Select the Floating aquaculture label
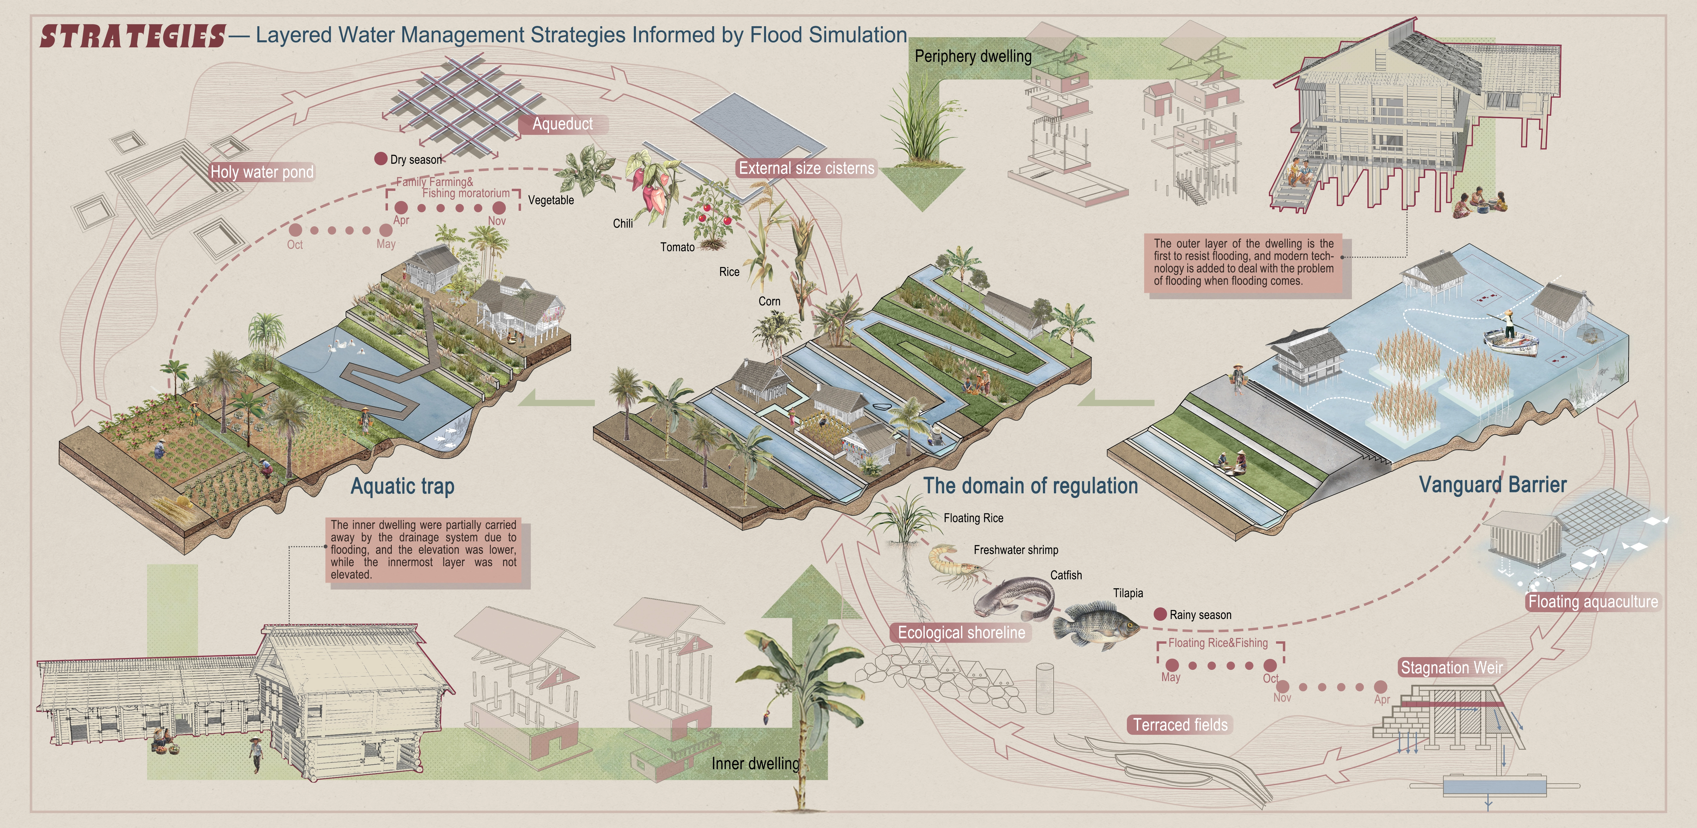(x=1592, y=601)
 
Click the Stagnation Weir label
(x=1451, y=667)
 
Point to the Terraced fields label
(x=1180, y=725)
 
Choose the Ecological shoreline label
(x=961, y=632)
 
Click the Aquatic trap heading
(x=402, y=486)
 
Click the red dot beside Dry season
(x=380, y=159)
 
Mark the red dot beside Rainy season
(x=1160, y=614)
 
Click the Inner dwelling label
(x=755, y=763)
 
